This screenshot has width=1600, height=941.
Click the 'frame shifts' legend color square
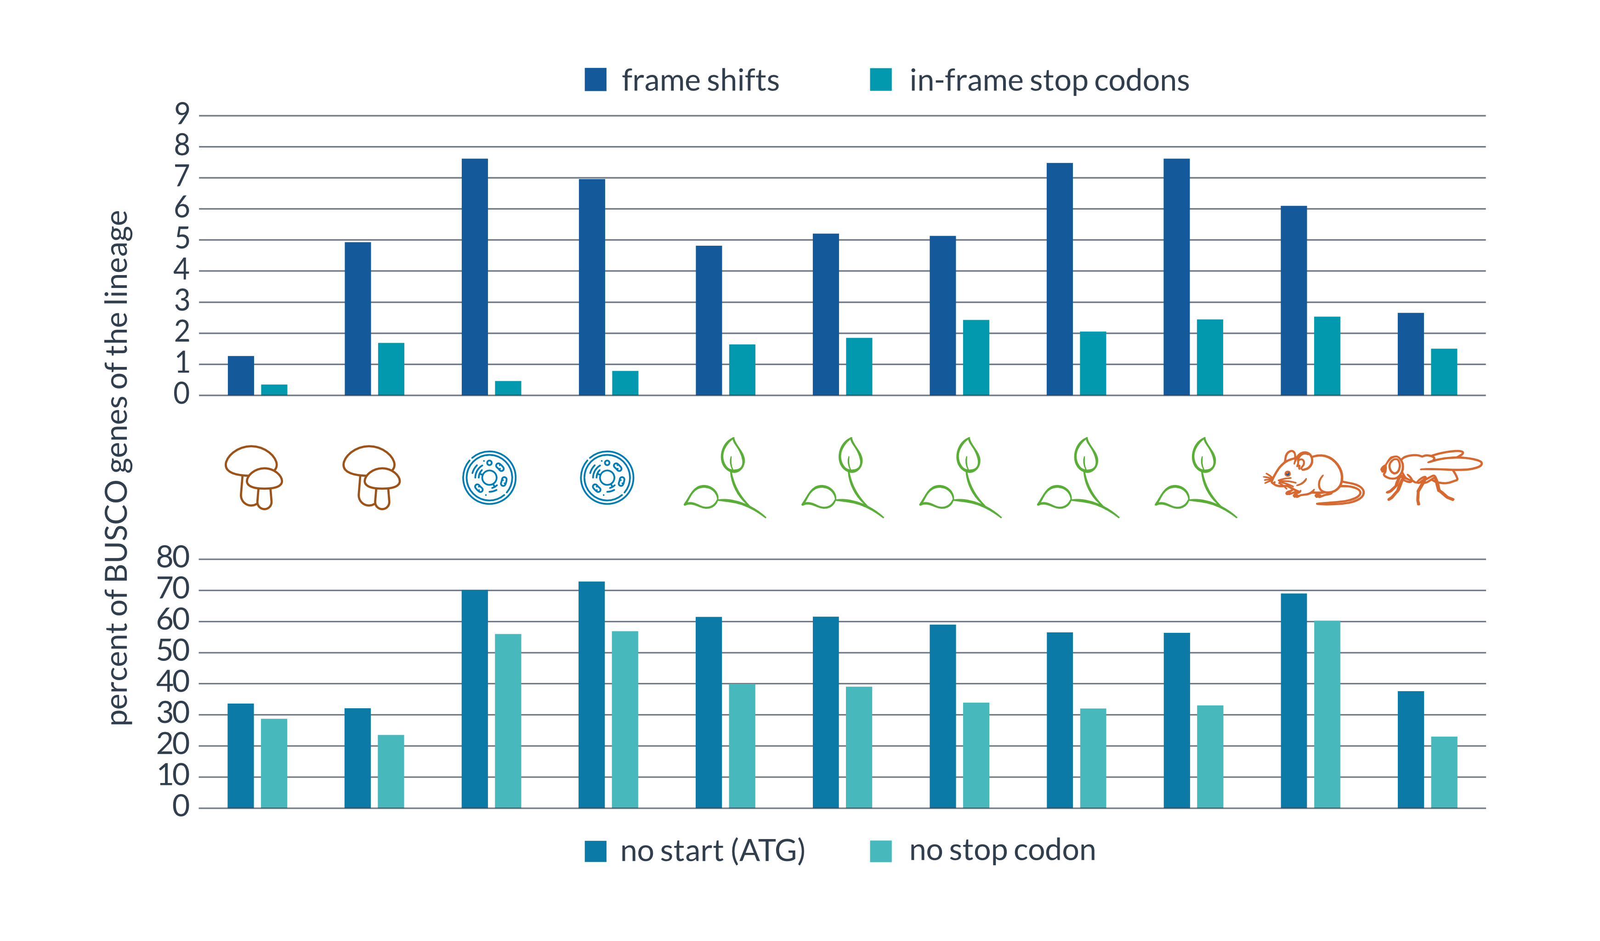click(x=595, y=80)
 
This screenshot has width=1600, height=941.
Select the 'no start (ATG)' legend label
click(x=712, y=850)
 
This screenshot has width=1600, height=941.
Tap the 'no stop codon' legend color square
click(x=880, y=851)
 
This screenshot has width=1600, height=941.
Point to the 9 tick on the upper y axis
click(x=182, y=114)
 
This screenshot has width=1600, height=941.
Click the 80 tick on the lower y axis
click(x=173, y=558)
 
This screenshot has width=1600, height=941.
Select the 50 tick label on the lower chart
click(x=173, y=651)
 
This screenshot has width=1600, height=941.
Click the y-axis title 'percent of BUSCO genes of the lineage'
click(x=118, y=468)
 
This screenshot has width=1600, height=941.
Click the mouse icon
click(x=1313, y=478)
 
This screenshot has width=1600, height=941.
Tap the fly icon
click(x=1431, y=477)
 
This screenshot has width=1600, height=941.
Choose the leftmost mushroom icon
click(x=253, y=477)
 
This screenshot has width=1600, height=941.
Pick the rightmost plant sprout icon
click(x=1196, y=477)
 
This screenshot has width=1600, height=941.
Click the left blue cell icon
click(x=489, y=477)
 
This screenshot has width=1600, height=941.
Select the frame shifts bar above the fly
click(x=1410, y=354)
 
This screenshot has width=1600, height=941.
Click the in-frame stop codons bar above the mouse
click(x=1327, y=356)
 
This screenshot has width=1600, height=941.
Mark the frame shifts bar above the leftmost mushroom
click(x=241, y=376)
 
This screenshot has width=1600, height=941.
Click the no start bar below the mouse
click(x=1294, y=700)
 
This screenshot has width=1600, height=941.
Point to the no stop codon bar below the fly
click(x=1444, y=772)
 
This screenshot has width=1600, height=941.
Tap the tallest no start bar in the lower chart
click(x=592, y=695)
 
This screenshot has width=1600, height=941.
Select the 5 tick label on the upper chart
click(x=182, y=239)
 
